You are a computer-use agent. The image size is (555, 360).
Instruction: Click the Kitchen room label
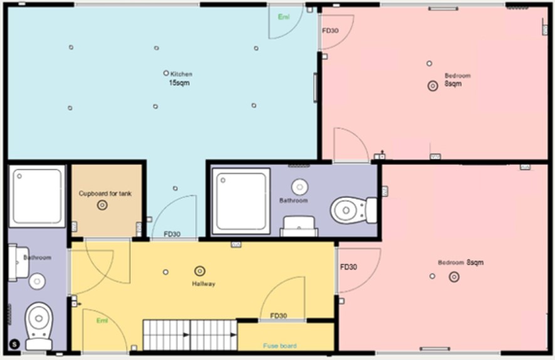[182, 74]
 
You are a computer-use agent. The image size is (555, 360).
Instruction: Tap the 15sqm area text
[179, 83]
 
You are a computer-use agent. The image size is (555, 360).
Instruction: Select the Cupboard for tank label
[105, 193]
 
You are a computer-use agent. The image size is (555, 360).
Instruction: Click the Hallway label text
[204, 284]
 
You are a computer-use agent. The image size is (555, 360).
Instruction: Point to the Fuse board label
[280, 346]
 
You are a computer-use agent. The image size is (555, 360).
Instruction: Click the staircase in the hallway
[190, 335]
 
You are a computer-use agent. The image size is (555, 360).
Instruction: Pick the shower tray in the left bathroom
[38, 196]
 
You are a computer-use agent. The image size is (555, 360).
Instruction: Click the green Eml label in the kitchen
[284, 17]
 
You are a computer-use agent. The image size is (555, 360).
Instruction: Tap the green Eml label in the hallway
[102, 321]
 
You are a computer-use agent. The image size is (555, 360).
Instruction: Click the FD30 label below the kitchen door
[172, 235]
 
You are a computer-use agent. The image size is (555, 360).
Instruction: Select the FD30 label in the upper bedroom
[330, 30]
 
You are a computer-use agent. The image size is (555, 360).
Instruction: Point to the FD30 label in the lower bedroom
[348, 267]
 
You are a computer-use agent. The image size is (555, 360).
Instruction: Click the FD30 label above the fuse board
[278, 316]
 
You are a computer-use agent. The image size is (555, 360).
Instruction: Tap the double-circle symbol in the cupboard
[102, 205]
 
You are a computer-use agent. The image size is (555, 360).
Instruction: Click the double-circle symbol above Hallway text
[200, 270]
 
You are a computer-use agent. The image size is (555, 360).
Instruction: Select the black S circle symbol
[14, 343]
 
